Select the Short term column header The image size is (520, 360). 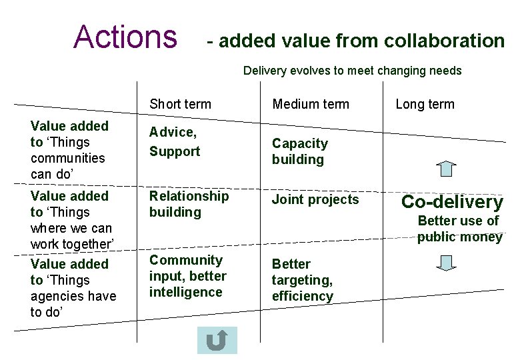(180, 104)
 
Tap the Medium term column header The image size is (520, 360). (310, 104)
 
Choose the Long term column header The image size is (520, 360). (425, 104)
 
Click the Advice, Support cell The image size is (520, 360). (174, 142)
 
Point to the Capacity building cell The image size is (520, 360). (299, 151)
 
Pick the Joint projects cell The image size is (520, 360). (315, 199)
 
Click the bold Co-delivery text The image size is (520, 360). (452, 202)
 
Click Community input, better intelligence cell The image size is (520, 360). (187, 276)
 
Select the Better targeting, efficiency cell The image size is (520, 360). (302, 280)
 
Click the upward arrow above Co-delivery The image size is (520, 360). (449, 168)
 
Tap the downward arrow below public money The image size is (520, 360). (449, 262)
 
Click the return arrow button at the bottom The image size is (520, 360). (217, 340)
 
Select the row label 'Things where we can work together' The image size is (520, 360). (71, 220)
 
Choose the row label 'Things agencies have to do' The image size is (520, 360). (73, 288)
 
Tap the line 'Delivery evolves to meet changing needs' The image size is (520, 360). (352, 71)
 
